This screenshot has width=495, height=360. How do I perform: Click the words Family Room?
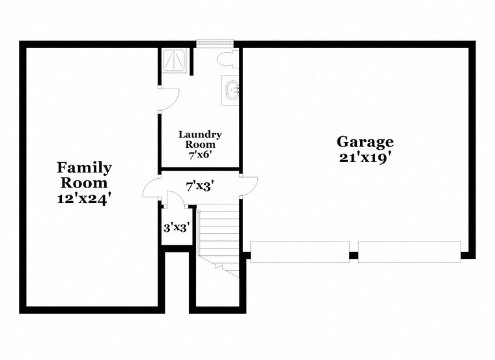[x=84, y=175]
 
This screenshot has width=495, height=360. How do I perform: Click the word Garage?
[x=365, y=141]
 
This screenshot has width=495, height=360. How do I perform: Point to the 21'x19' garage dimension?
[x=365, y=158]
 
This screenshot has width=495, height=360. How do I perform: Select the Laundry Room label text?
[x=200, y=139]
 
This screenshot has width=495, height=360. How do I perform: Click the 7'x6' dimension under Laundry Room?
[x=200, y=154]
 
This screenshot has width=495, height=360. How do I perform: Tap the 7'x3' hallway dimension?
[x=200, y=186]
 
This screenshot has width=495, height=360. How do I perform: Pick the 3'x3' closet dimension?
[x=176, y=228]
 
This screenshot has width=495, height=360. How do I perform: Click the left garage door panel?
[x=300, y=252]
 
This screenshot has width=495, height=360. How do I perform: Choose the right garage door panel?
[x=410, y=252]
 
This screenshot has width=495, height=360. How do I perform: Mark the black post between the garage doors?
[x=354, y=255]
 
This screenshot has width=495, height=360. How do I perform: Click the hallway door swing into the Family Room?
[x=151, y=188]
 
